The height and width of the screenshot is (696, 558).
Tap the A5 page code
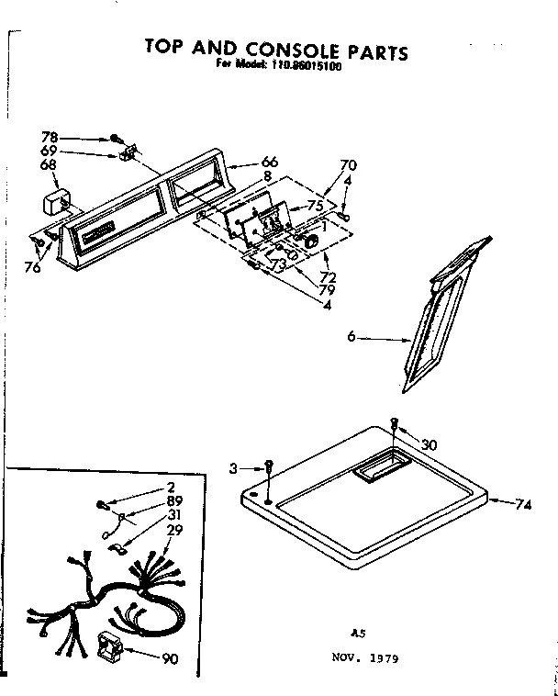point(359,633)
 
